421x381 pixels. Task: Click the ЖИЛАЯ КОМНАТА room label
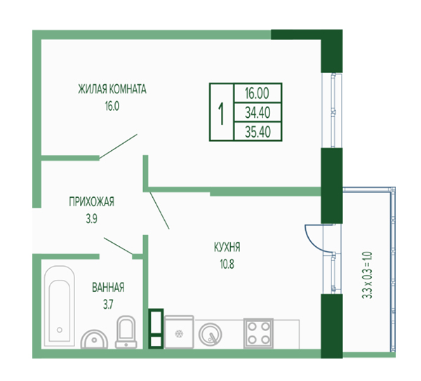coord(112,89)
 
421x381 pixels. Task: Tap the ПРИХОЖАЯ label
coord(91,201)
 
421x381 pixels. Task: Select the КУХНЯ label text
coord(227,247)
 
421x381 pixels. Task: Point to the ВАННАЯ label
coord(108,287)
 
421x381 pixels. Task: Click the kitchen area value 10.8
coord(227,265)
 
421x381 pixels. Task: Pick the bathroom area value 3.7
coord(108,305)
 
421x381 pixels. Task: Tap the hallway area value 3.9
coord(91,219)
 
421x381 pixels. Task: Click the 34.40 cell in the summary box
coord(258,113)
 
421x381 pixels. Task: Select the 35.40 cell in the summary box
coord(258,132)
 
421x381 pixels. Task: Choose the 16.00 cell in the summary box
coord(257,93)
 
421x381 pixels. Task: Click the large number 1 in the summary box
coord(221,114)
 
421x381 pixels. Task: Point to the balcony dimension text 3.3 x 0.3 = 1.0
coord(367,275)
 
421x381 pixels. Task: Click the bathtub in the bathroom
coord(60,306)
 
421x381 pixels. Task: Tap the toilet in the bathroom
coord(126,332)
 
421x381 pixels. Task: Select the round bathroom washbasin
coord(94,339)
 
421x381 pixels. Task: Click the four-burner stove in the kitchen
coord(258,333)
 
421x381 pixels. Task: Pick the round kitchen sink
coord(210,335)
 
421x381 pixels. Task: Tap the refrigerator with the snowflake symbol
coord(179,332)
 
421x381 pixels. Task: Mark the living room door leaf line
coord(119,147)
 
